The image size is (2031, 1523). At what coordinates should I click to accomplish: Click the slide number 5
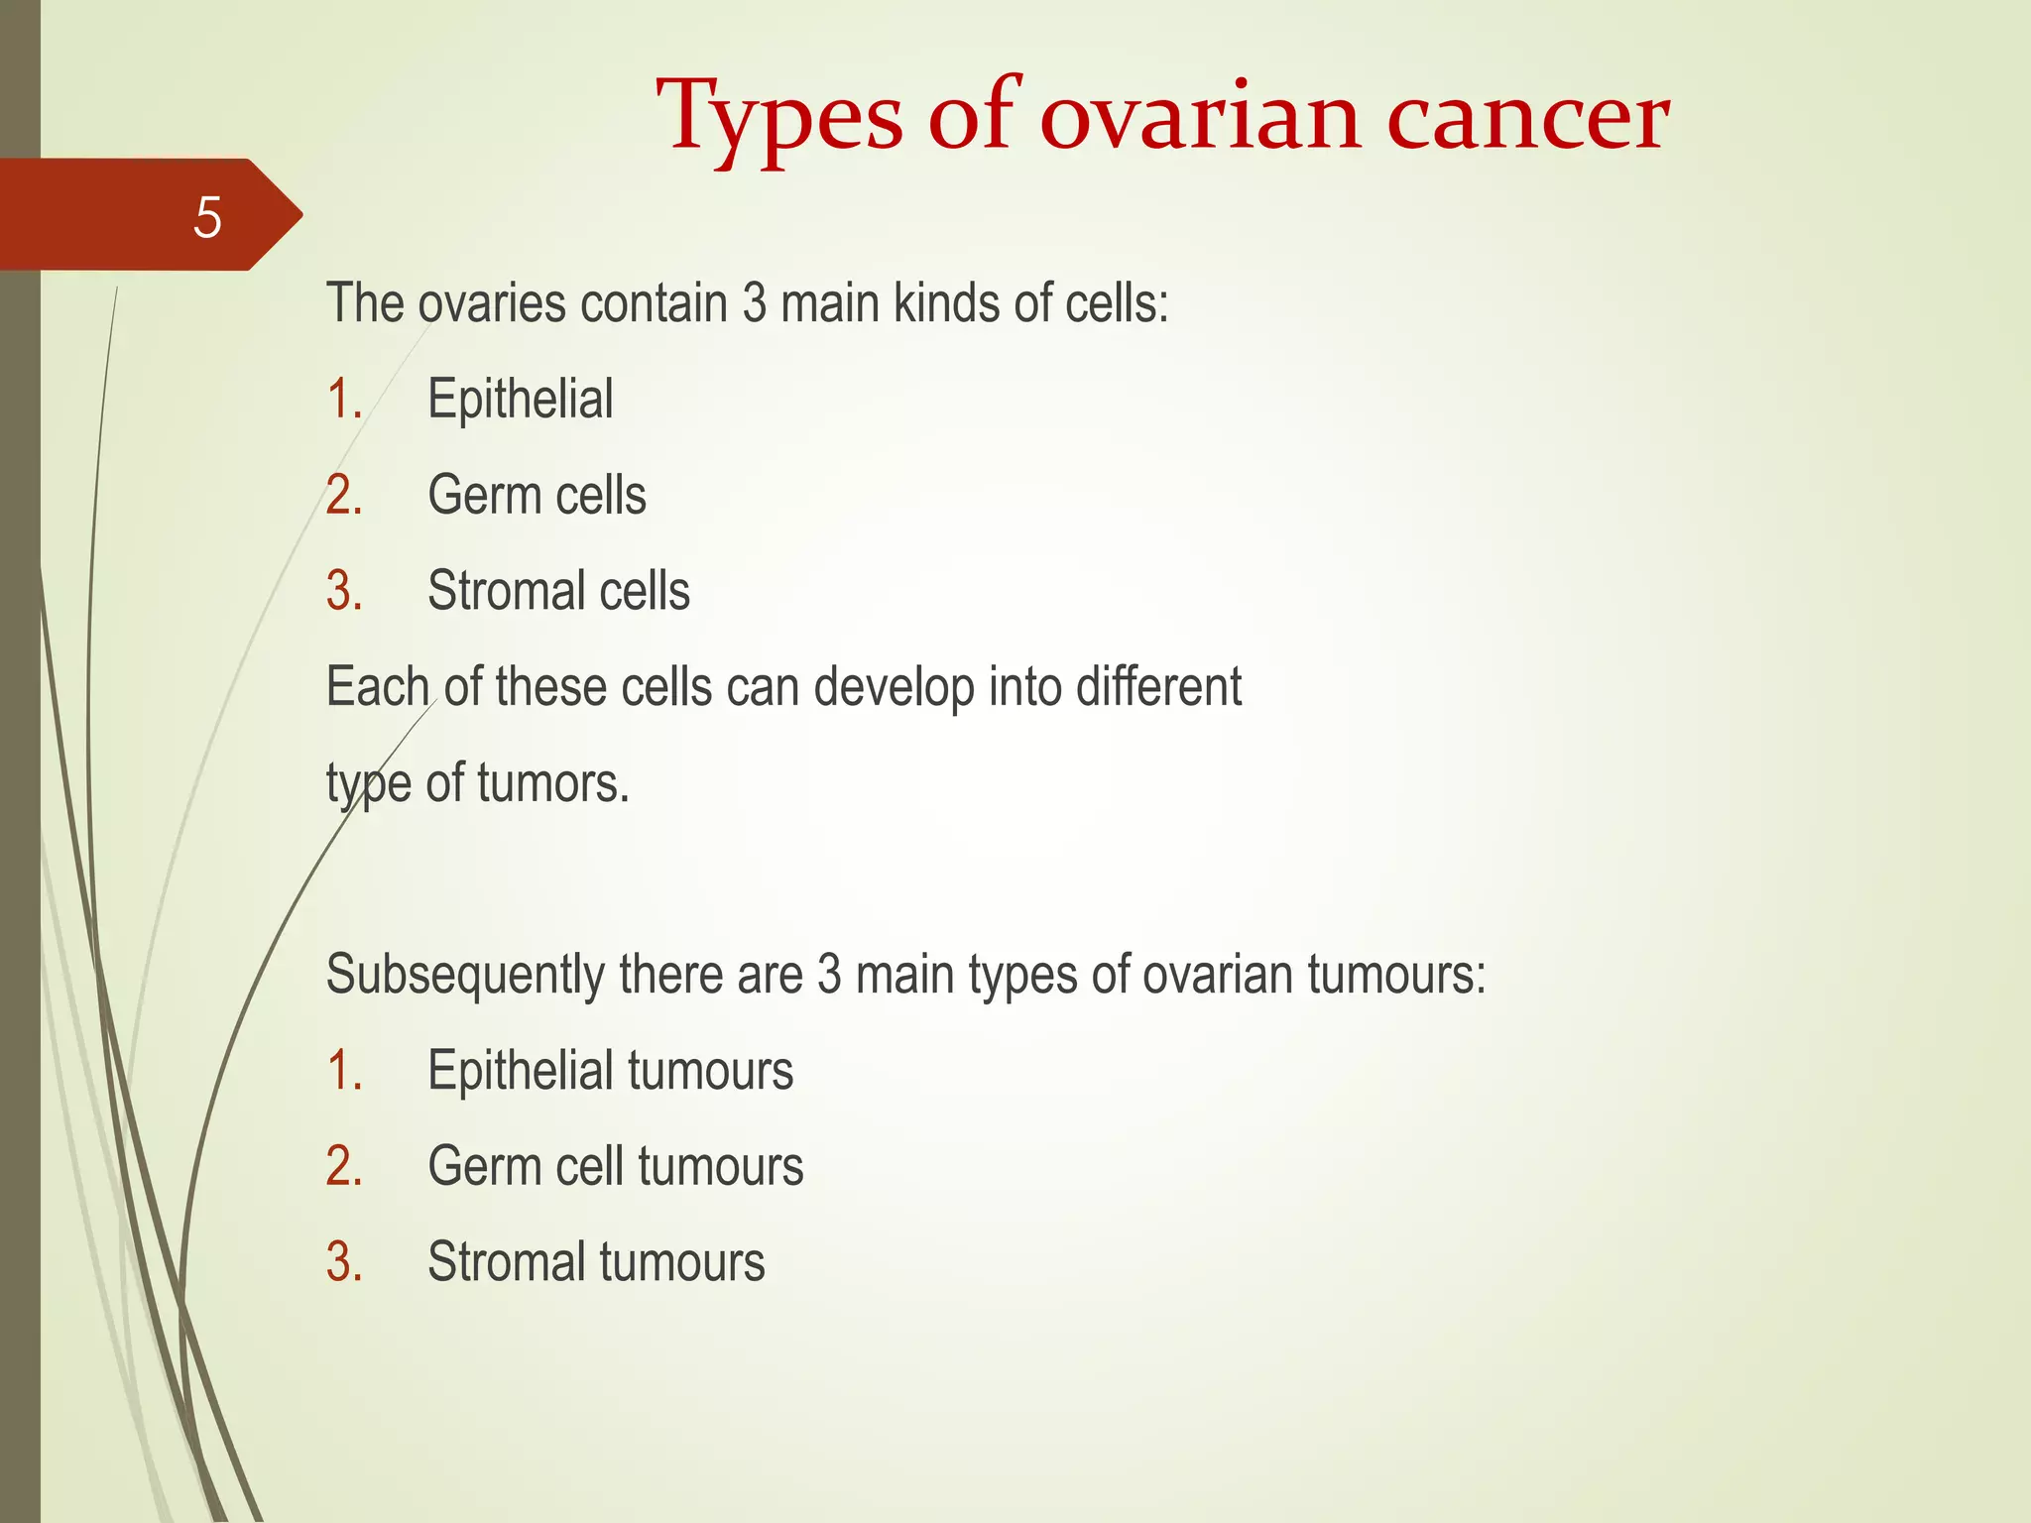207,217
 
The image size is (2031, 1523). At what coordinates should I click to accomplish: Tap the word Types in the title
779,119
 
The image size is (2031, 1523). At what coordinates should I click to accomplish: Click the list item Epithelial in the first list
520,400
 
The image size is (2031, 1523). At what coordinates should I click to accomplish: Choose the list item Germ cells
537,495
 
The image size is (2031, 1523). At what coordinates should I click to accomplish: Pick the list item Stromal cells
558,591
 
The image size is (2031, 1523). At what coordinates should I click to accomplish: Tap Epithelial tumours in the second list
610,1071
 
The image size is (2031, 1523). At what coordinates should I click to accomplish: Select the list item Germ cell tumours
615,1166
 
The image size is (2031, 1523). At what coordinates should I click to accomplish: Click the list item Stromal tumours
596,1262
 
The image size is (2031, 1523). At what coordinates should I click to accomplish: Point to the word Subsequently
465,975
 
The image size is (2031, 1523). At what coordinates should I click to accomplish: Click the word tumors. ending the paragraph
552,783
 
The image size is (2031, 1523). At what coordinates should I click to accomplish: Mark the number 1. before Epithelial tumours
343,1071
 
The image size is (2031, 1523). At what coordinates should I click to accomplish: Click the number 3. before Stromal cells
343,591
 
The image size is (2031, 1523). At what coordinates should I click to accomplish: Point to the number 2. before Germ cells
343,495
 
